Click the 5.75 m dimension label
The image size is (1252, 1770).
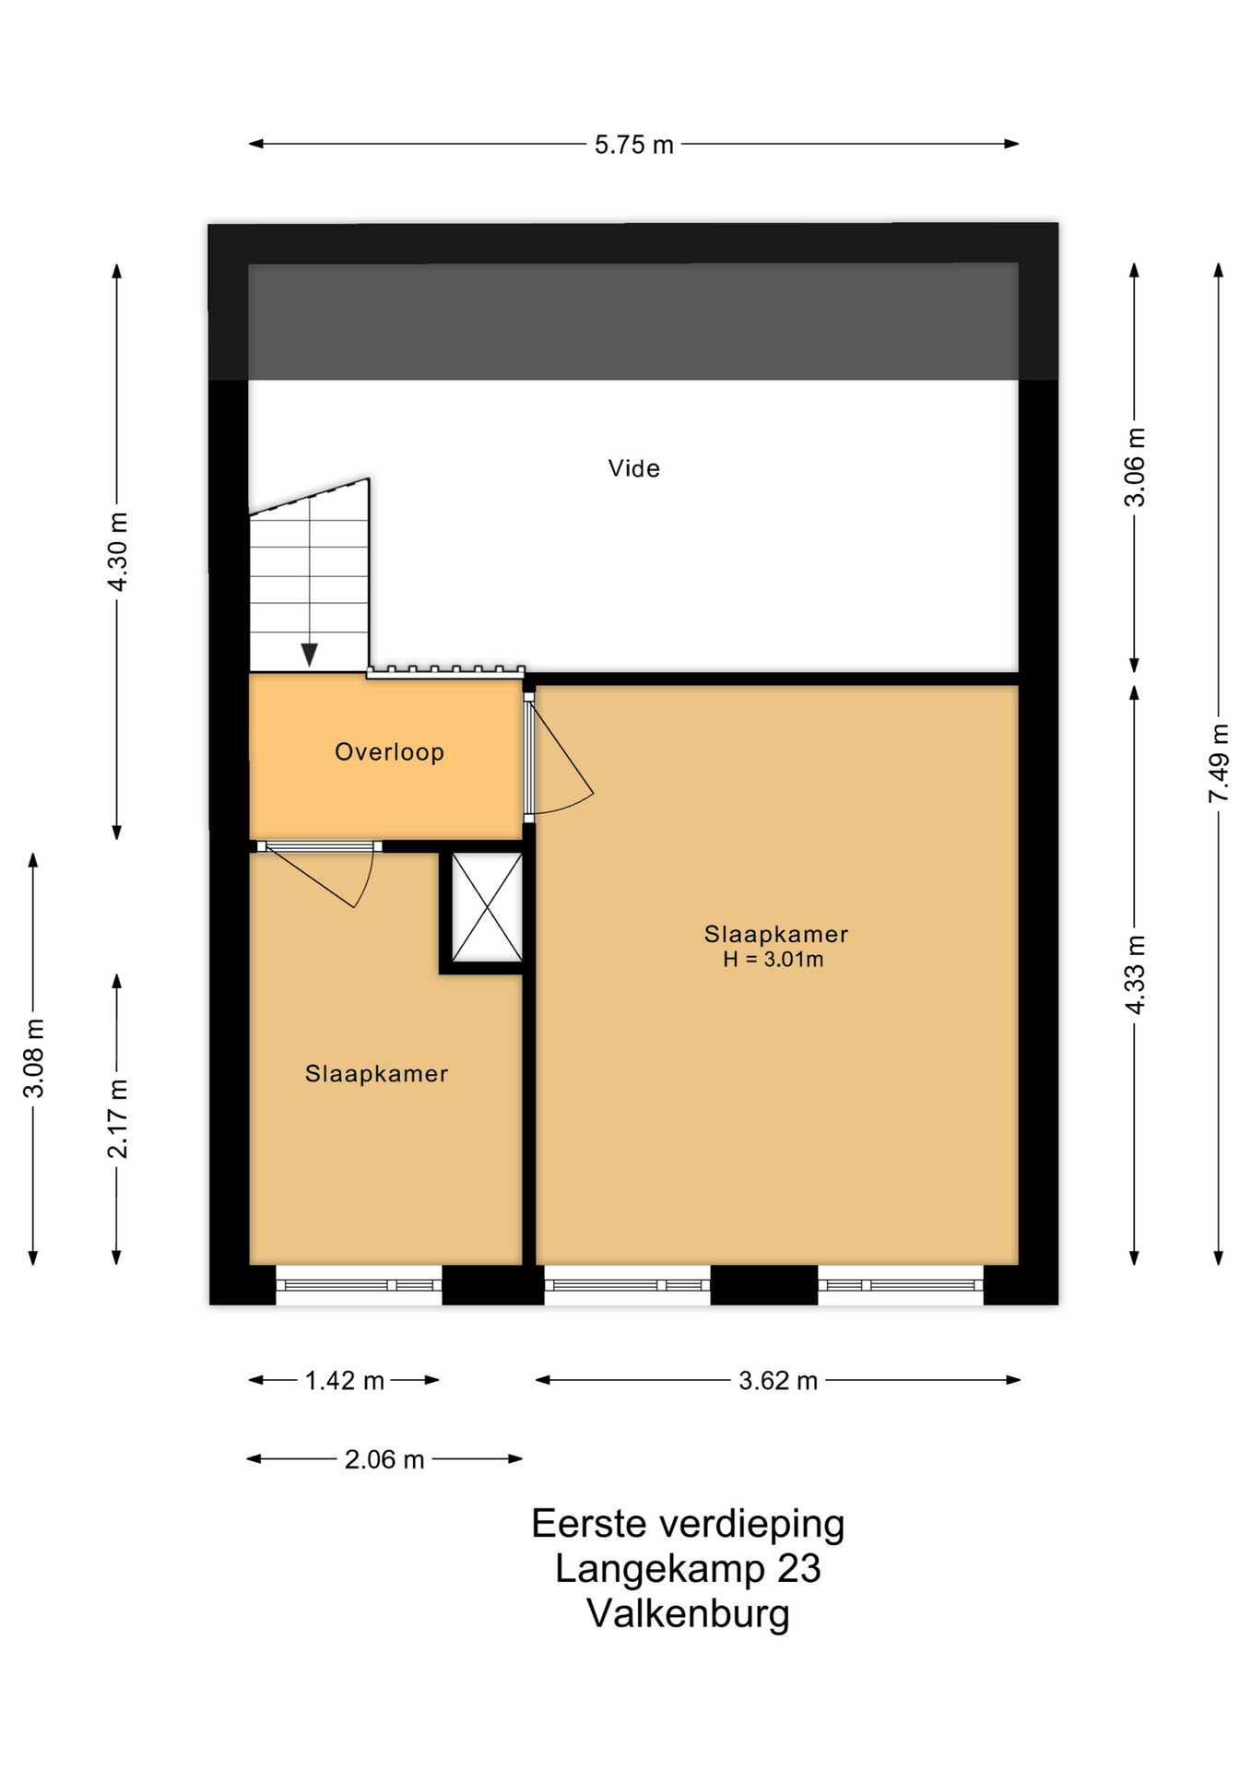633,145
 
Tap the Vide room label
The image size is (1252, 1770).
634,468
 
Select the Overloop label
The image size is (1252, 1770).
389,752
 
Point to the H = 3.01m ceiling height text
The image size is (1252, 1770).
773,960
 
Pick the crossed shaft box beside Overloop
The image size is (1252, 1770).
487,907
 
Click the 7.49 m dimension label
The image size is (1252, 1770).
1219,763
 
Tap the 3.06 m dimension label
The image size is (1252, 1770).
1135,467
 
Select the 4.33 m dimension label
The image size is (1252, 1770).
1135,974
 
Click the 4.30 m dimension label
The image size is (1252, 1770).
117,552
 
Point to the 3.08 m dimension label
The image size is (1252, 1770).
33,1058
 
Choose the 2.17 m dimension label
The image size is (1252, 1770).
117,1118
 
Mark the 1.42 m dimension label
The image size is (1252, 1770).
344,1380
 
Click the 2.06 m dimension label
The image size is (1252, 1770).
384,1459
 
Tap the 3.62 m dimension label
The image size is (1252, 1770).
778,1380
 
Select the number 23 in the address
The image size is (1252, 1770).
798,1569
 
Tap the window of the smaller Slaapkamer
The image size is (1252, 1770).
359,1285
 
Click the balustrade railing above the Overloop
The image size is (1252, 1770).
446,672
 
